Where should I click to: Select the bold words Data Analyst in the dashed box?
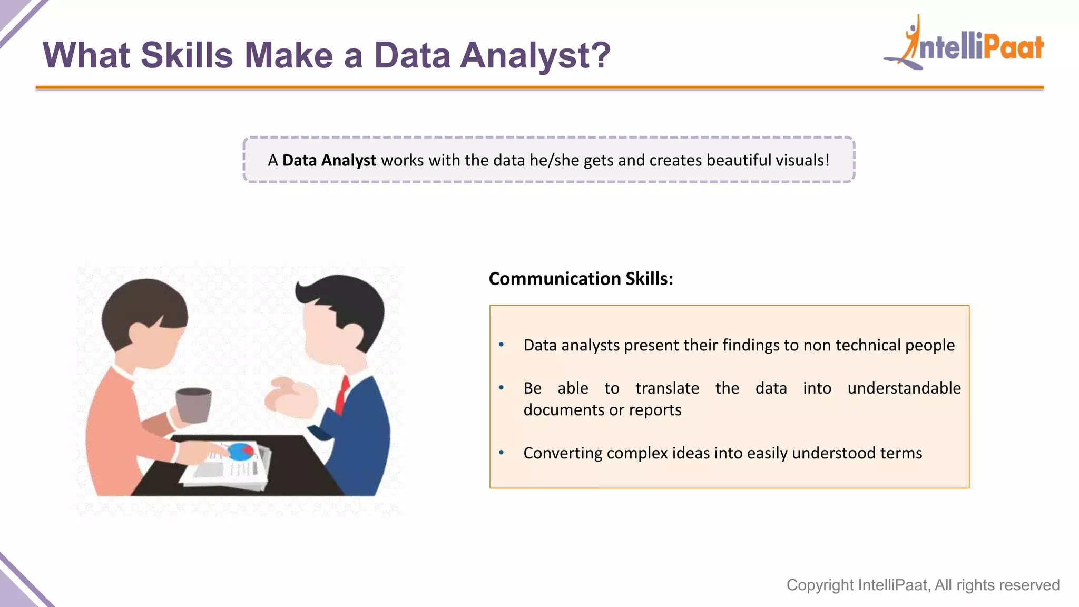(x=329, y=160)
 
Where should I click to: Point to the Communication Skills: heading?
(x=581, y=279)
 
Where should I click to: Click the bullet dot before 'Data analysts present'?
(x=502, y=345)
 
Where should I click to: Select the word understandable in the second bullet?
(x=904, y=388)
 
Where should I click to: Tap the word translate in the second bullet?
(x=667, y=388)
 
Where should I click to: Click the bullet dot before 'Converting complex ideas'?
(x=502, y=453)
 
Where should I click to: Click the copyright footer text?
(x=923, y=585)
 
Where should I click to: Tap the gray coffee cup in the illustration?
(x=193, y=405)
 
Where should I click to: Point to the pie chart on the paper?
(x=241, y=451)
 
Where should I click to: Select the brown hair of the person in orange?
(x=142, y=306)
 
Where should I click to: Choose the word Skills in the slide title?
(x=187, y=55)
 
